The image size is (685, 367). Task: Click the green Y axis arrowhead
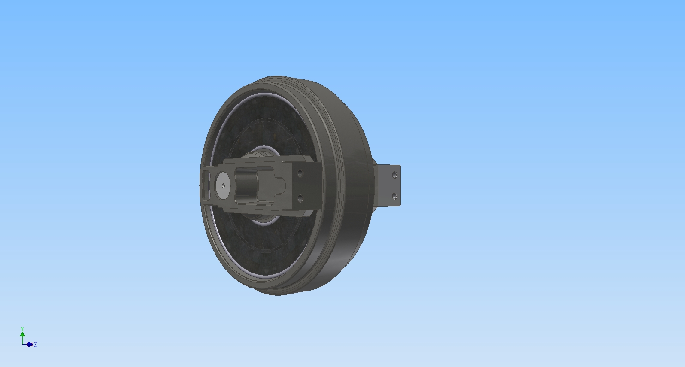pyautogui.click(x=22, y=334)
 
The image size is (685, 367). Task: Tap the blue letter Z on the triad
pyautogui.click(x=36, y=345)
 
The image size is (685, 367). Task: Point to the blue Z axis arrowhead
pyautogui.click(x=29, y=345)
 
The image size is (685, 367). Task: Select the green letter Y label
pyautogui.click(x=22, y=329)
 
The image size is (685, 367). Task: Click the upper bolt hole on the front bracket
pyautogui.click(x=300, y=173)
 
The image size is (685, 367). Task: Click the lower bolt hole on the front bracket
pyautogui.click(x=300, y=198)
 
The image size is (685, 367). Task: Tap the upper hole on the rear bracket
pyautogui.click(x=394, y=175)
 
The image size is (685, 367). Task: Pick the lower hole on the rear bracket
pyautogui.click(x=394, y=196)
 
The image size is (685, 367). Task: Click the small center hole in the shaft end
pyautogui.click(x=223, y=185)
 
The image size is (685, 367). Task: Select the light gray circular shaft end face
pyautogui.click(x=223, y=185)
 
